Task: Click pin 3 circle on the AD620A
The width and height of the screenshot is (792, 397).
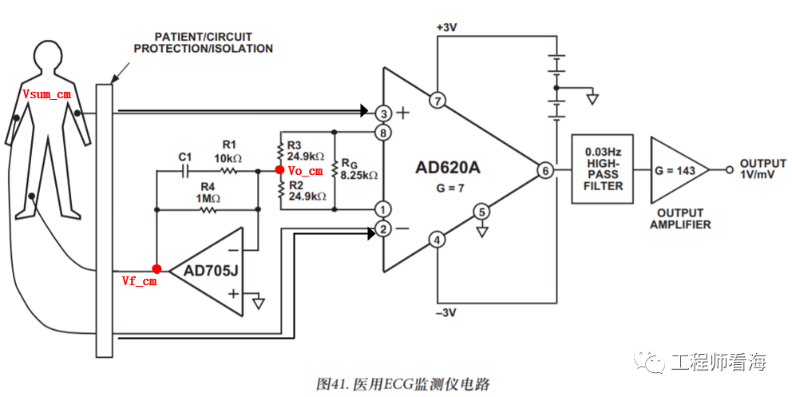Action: [x=384, y=112]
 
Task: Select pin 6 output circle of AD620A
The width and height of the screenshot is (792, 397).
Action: [x=545, y=171]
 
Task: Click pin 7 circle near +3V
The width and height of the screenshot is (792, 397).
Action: [x=437, y=101]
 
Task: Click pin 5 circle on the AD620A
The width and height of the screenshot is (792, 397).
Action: [x=481, y=212]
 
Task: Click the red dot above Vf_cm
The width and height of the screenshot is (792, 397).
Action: [x=156, y=269]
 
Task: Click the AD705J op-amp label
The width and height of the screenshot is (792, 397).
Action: [x=211, y=271]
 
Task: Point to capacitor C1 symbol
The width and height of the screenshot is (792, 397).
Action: [x=185, y=170]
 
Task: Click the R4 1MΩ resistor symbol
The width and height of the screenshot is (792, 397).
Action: [x=208, y=210]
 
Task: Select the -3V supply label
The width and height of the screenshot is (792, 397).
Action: [x=446, y=312]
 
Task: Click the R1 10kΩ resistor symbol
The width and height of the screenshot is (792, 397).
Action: [x=230, y=170]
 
